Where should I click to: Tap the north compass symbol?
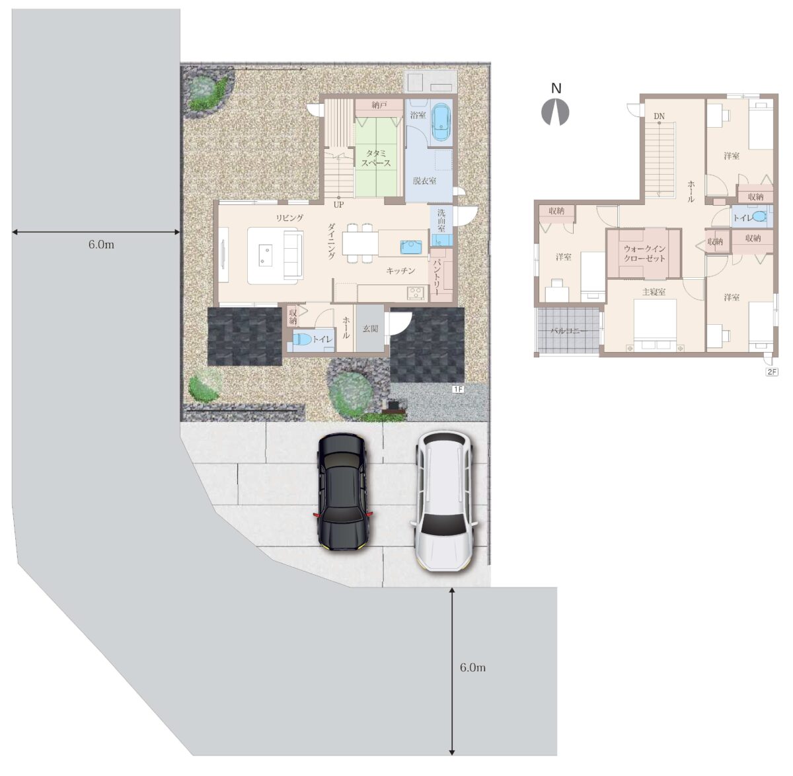tap(555, 112)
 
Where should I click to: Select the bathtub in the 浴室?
tap(441, 121)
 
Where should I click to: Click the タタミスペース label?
tap(376, 158)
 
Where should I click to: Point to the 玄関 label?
tap(370, 328)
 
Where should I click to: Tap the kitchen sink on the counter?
tap(412, 247)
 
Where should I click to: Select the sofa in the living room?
tap(293, 255)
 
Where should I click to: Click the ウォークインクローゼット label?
tap(645, 253)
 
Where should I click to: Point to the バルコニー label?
tap(568, 331)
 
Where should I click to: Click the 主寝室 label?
tap(654, 292)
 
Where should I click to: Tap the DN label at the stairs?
tap(659, 116)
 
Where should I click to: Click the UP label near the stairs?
tap(338, 205)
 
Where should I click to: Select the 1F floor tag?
tap(459, 389)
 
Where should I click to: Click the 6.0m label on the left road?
tap(101, 245)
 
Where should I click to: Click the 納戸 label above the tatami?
tap(379, 105)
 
